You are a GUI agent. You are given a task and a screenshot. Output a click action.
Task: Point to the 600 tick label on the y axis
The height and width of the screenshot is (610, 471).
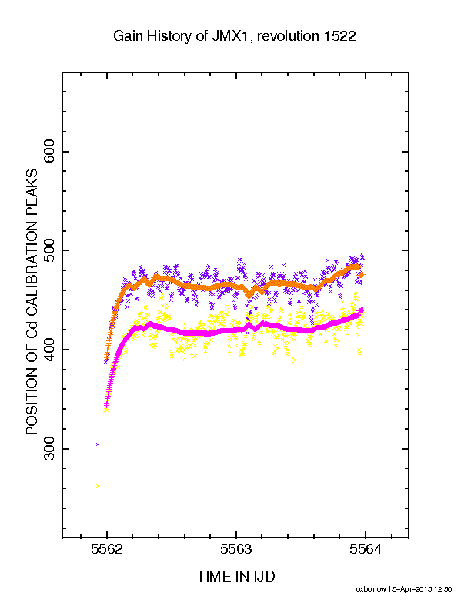click(x=50, y=151)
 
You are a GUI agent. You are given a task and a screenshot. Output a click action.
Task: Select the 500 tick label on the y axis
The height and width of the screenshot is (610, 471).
click(x=50, y=250)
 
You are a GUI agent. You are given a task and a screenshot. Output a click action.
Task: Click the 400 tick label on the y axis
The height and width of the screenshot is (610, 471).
click(x=50, y=350)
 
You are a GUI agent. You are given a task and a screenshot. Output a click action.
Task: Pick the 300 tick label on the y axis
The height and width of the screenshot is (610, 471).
click(x=50, y=449)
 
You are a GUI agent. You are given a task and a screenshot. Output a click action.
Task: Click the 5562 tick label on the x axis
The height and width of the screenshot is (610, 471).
click(x=107, y=549)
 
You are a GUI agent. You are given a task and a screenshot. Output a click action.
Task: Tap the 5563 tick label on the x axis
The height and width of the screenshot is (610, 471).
click(x=236, y=549)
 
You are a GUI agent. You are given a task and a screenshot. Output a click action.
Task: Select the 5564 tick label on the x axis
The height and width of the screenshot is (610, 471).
click(x=366, y=549)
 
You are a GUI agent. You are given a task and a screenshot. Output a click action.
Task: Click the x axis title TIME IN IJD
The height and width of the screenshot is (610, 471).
click(x=235, y=576)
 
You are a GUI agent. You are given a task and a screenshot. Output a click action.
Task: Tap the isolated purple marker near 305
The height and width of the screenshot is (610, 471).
click(x=98, y=444)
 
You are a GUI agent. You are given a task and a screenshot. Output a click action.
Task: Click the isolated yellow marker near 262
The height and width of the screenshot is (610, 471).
click(x=98, y=486)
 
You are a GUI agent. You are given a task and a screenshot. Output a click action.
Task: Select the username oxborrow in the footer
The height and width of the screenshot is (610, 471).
click(x=371, y=589)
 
